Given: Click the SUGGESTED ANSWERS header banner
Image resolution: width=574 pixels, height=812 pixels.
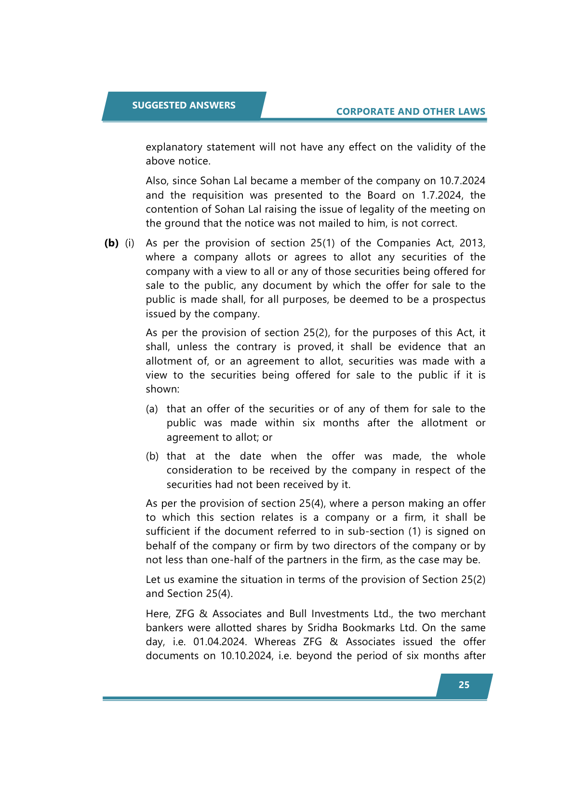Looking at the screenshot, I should pos(184,106).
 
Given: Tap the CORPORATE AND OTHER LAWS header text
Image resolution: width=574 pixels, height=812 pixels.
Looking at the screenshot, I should pos(411,112).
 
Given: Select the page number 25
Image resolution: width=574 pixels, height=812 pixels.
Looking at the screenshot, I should pos(464,685).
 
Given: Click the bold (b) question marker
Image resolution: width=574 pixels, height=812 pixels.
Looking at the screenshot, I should pos(111,243).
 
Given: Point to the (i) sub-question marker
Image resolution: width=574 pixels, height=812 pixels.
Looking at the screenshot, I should pos(130,243).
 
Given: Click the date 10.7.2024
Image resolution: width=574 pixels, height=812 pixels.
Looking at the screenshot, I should pos(462,181).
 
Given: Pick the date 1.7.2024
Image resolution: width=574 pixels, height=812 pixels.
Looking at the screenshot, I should pos(441,195).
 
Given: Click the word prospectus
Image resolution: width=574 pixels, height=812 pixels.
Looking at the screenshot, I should pos(459,300).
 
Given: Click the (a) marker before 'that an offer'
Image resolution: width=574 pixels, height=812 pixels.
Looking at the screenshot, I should pos(152,409).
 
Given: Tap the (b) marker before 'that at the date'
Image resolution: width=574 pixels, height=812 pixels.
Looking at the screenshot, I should pos(152,457).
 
